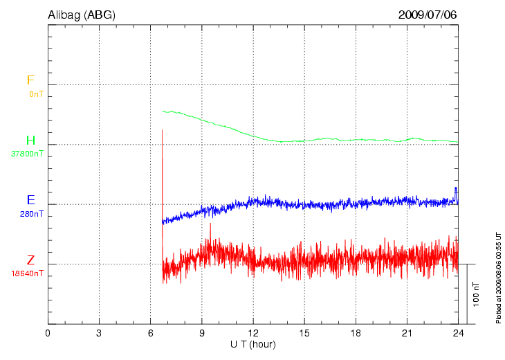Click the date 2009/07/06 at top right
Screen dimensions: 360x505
pos(428,15)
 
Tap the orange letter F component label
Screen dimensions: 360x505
pos(30,80)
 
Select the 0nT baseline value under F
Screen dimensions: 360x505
pos(35,93)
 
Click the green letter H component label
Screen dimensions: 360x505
pos(30,141)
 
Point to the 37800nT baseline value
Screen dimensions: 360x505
pos(28,154)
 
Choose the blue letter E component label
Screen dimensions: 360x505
pos(30,200)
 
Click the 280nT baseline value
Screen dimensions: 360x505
pos(32,214)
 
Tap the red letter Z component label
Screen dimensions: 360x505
pos(30,260)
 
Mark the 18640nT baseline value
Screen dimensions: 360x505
pos(27,273)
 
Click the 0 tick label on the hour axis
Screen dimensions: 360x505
pos(48,334)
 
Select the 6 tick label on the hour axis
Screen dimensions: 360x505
pos(150,334)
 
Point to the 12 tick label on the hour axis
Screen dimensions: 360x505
pos(253,334)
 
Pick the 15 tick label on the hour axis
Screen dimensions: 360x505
pos(304,334)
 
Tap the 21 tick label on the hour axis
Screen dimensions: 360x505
pos(407,334)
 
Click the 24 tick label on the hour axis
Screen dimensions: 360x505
pos(458,334)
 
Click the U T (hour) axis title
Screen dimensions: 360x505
pos(253,344)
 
